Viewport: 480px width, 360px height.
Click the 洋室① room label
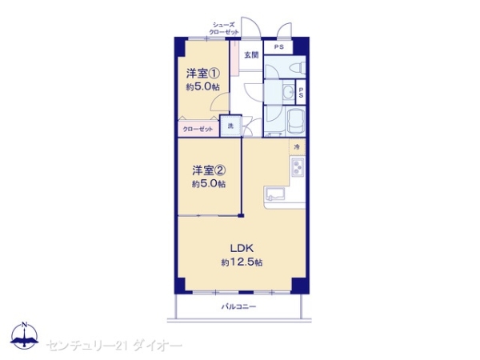[x=203, y=74]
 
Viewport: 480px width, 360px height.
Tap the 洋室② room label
[x=209, y=170]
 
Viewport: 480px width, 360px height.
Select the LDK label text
[x=242, y=248]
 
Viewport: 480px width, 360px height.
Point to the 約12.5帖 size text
[x=242, y=262]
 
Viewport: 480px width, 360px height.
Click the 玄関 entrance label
[x=251, y=55]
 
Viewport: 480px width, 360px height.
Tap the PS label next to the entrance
[x=278, y=47]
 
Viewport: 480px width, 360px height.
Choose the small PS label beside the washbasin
[x=301, y=92]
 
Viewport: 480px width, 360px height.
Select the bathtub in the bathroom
[x=295, y=122]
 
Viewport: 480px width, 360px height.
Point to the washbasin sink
[x=288, y=91]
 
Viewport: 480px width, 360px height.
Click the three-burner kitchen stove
[x=298, y=167]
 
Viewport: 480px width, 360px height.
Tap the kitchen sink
[x=275, y=194]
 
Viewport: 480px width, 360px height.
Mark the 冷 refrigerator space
[x=297, y=147]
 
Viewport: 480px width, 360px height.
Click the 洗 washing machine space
[x=231, y=126]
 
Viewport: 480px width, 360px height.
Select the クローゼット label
[x=198, y=129]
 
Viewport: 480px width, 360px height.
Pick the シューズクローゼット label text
[x=224, y=28]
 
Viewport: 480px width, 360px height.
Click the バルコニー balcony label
[x=238, y=306]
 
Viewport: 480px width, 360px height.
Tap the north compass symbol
[x=25, y=335]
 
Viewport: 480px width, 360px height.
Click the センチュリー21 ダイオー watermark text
[x=114, y=346]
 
